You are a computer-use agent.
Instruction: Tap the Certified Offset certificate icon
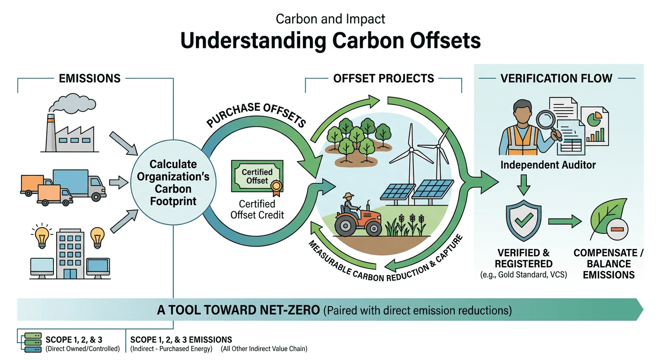(x=257, y=176)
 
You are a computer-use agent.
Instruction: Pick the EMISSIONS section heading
(x=90, y=78)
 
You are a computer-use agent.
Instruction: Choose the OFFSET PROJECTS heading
(x=383, y=78)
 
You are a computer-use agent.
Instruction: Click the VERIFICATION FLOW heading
(x=556, y=78)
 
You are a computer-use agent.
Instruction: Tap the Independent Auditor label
(x=548, y=165)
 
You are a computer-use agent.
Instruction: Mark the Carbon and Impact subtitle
(x=330, y=19)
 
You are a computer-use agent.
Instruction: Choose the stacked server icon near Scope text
(x=31, y=343)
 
